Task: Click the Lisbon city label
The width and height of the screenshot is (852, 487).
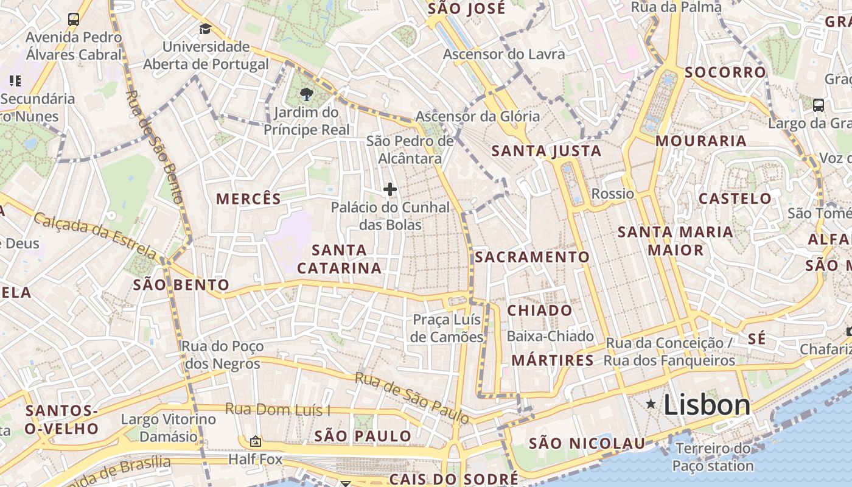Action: [707, 405]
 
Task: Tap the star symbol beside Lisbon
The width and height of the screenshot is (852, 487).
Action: [651, 404]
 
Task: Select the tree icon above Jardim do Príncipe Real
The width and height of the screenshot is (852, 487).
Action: [307, 94]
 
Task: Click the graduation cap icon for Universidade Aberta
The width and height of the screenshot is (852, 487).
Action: [205, 29]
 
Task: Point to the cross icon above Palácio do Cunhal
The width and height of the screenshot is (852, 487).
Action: [390, 189]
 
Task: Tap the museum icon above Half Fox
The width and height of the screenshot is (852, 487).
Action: [256, 441]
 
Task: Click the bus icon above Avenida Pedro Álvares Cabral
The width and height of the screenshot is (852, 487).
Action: [74, 19]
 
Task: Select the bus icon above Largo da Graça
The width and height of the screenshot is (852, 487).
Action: [819, 105]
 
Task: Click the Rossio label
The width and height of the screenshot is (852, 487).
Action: [613, 194]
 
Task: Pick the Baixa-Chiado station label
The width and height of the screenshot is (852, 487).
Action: [550, 336]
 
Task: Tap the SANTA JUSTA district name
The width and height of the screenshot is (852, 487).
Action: [546, 151]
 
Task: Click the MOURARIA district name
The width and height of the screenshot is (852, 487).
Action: [700, 141]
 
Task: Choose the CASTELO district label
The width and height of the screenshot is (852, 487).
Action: [735, 198]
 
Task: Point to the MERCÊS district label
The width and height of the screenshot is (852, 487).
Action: [249, 199]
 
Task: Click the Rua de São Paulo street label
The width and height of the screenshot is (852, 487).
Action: [413, 398]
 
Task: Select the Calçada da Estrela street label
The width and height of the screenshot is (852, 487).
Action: [95, 235]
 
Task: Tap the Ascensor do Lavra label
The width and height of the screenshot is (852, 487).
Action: [504, 54]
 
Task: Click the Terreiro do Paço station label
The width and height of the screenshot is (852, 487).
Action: [713, 458]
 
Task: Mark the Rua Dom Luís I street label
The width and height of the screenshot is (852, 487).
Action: [277, 409]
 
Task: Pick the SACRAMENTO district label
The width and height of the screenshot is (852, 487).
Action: [532, 258]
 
